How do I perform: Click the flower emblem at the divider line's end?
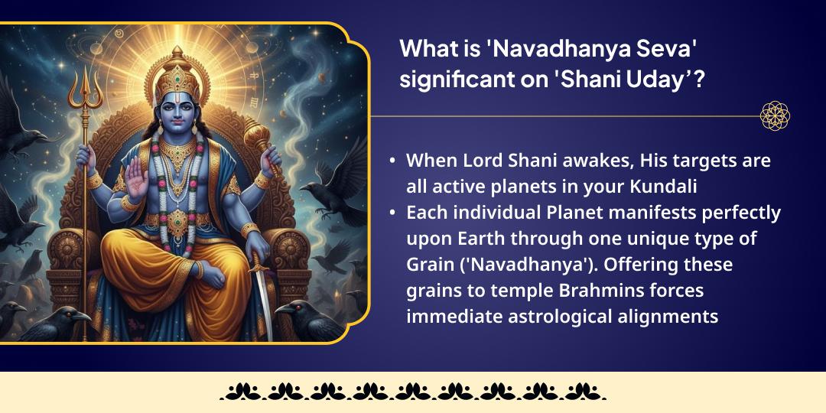pyautogui.click(x=775, y=116)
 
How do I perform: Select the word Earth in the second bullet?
pyautogui.click(x=483, y=238)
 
